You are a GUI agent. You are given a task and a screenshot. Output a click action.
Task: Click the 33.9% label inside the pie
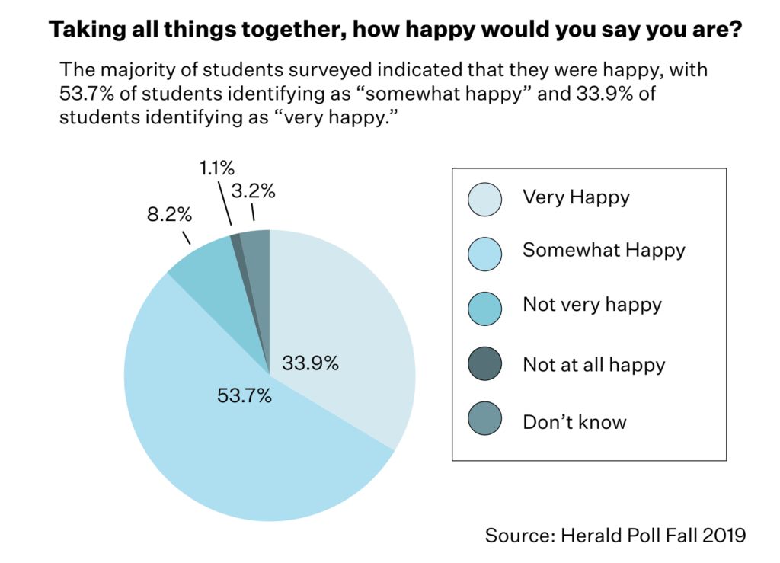310,363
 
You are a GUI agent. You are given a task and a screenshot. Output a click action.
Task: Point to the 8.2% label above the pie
168,215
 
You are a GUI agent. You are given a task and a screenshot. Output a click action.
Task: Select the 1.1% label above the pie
217,167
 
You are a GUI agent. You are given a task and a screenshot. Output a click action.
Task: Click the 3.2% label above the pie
253,191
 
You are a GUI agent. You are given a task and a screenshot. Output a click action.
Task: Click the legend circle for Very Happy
485,200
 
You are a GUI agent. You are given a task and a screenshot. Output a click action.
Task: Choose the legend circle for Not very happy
485,308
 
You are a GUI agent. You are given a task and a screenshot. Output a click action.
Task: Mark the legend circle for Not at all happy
485,363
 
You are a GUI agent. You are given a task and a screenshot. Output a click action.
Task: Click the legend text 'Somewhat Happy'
603,250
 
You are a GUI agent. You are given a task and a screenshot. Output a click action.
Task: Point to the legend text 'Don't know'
574,421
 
